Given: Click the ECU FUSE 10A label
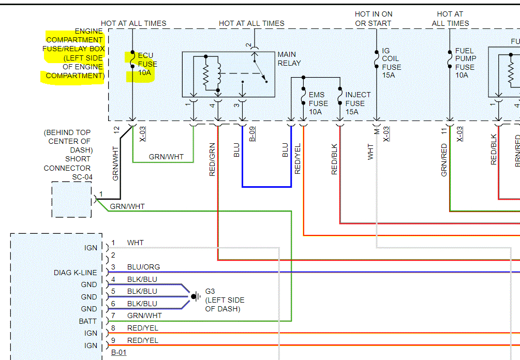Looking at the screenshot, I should coord(147,64).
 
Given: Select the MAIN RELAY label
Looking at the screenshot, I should coord(289,58).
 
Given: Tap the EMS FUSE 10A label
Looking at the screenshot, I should coord(318,103).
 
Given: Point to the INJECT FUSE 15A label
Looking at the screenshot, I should coord(358,103).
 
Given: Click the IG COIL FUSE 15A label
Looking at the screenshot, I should coord(391,63).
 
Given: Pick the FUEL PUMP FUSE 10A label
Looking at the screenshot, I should coord(465,63).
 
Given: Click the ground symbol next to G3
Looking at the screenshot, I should coord(196,296).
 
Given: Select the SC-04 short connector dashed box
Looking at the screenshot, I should coord(71,199).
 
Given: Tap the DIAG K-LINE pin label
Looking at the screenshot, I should coord(75,273).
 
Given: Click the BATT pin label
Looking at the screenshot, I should coord(87,321).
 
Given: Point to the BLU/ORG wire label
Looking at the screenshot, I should coord(143,267).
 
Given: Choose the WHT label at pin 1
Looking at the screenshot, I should coord(135,243).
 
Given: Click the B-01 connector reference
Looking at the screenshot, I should coord(118,353).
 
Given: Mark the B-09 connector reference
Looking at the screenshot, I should coord(252,134).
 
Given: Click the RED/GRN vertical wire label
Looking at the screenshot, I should coord(212,159).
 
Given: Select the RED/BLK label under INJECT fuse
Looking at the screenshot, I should coord(334,158).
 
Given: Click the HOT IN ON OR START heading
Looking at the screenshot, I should coord(373,19).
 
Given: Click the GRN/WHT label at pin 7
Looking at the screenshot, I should coord(144,316).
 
